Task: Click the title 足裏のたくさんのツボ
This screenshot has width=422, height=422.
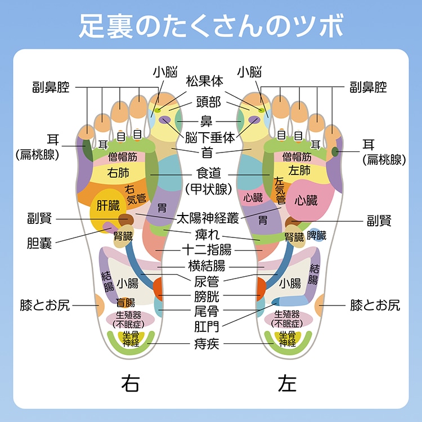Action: pyautogui.click(x=211, y=25)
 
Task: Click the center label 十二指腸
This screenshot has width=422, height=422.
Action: pyautogui.click(x=206, y=249)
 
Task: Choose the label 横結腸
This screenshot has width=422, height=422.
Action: pyautogui.click(x=206, y=265)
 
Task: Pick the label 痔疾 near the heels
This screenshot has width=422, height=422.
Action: pyautogui.click(x=206, y=343)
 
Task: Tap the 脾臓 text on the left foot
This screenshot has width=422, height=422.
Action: pyautogui.click(x=317, y=236)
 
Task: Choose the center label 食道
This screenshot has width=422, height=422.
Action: pyautogui.click(x=208, y=172)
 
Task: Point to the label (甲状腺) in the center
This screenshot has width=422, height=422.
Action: pyautogui.click(x=208, y=189)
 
